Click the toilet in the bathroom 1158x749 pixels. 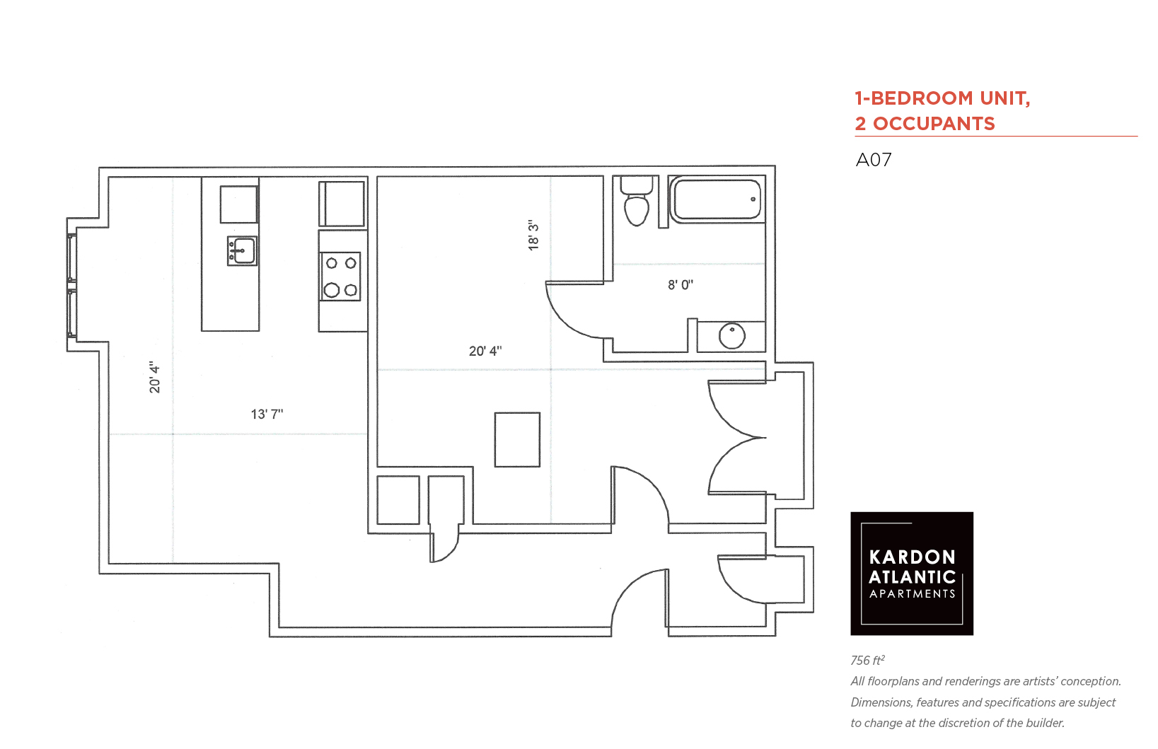tap(637, 201)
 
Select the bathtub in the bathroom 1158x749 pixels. tap(716, 199)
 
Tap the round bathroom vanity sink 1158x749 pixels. tap(731, 336)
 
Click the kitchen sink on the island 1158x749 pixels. tap(242, 251)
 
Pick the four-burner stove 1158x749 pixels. tap(340, 277)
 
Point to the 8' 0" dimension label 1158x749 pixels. tap(681, 285)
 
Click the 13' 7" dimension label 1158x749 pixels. tap(267, 414)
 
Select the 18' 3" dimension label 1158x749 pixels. tap(533, 236)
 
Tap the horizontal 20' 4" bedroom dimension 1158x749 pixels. tap(485, 351)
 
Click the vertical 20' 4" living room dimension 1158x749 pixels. tap(155, 377)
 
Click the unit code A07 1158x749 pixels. tap(874, 160)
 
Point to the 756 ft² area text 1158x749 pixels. tap(868, 660)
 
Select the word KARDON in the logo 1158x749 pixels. tap(913, 557)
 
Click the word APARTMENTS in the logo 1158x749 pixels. tap(913, 594)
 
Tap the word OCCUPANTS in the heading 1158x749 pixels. tap(934, 124)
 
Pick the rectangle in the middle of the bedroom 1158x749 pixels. tap(518, 439)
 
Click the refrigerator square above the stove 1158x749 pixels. tap(342, 204)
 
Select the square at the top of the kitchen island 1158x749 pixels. tap(239, 204)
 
